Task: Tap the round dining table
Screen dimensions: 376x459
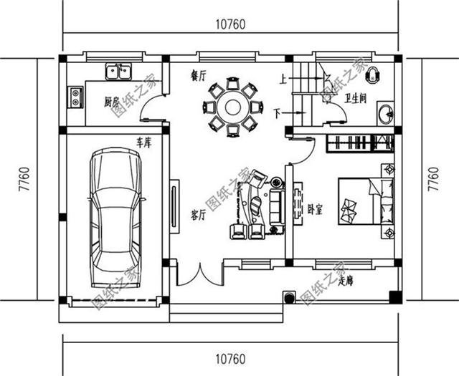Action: click(232, 108)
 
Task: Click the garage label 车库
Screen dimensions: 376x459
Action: click(143, 143)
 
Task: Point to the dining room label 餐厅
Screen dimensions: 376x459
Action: click(198, 75)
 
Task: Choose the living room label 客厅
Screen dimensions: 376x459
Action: click(199, 213)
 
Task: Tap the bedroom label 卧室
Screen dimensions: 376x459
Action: click(315, 210)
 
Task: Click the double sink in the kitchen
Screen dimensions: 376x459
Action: click(118, 72)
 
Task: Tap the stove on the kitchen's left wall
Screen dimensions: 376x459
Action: click(75, 96)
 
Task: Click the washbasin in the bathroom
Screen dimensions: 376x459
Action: click(386, 113)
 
